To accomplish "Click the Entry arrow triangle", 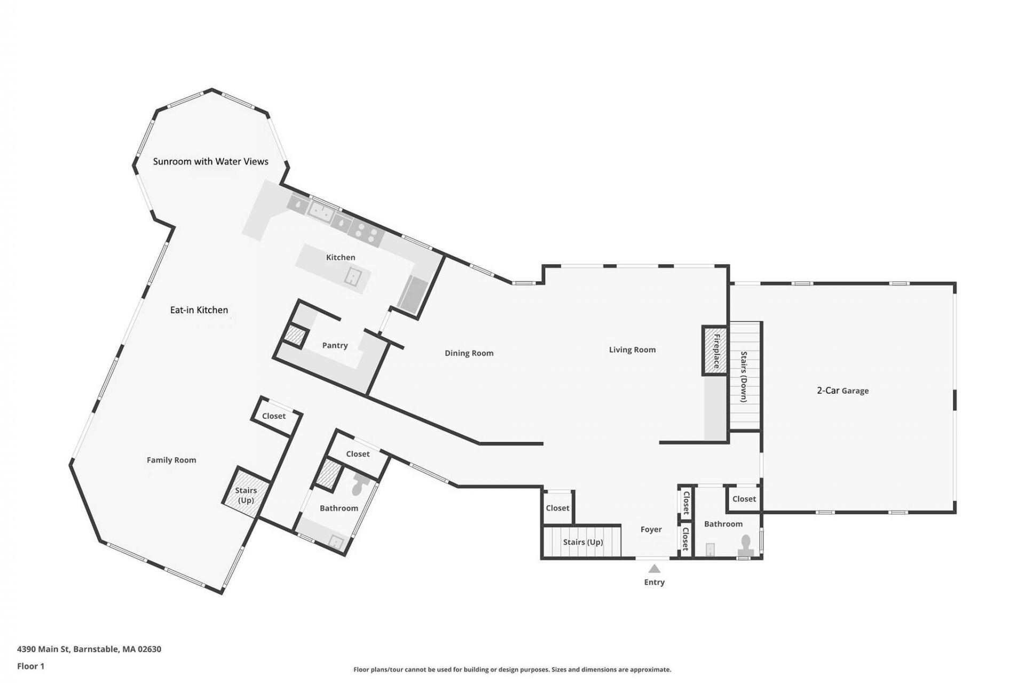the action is pos(654,568).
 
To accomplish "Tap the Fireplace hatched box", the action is pos(714,351).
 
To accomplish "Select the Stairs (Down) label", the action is pos(744,377).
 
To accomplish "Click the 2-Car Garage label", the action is pos(843,391).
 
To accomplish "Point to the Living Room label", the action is pos(632,350).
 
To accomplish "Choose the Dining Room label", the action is pos(469,353).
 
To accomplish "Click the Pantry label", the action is pos(335,346).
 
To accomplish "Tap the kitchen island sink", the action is pos(354,277).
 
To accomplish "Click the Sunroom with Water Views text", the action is pos(210,161).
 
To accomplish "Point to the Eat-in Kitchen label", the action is pos(199,310).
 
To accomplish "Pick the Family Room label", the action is pos(171,460).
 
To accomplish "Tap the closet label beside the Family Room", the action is pos(274,416).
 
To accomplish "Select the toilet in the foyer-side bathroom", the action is pos(745,544).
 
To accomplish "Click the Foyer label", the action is pos(651,529).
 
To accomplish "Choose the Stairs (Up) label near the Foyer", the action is pos(583,542).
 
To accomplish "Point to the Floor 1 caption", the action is pos(31,666).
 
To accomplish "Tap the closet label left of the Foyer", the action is pos(557,509).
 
